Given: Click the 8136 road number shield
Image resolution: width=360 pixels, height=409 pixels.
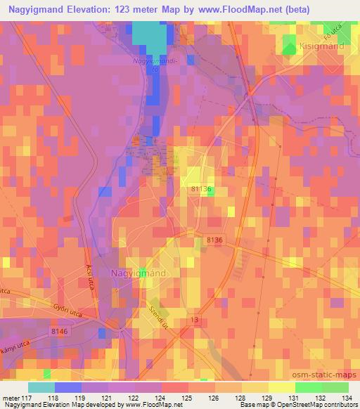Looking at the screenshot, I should pyautogui.click(x=214, y=240).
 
